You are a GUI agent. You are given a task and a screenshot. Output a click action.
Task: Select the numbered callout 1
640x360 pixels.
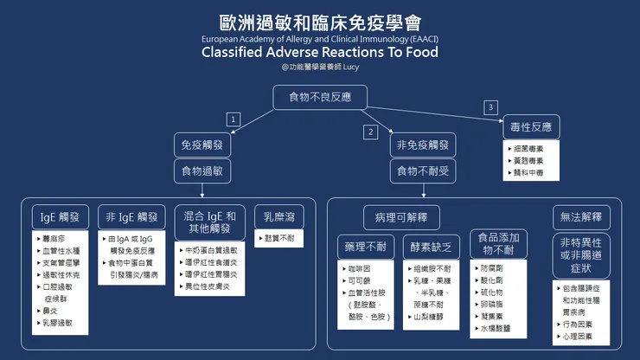232,119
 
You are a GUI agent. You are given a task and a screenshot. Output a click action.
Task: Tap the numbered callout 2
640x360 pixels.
371,132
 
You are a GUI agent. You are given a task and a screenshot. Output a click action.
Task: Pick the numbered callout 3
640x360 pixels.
490,107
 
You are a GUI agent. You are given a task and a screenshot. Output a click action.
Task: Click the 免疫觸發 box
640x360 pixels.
202,145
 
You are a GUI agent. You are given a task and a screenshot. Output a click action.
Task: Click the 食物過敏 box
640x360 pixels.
202,171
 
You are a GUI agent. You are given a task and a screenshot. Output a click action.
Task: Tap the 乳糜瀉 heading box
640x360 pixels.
277,215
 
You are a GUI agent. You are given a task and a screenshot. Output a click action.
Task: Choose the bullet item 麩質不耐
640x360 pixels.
279,237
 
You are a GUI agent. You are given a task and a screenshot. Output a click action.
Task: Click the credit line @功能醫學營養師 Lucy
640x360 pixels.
319,67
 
